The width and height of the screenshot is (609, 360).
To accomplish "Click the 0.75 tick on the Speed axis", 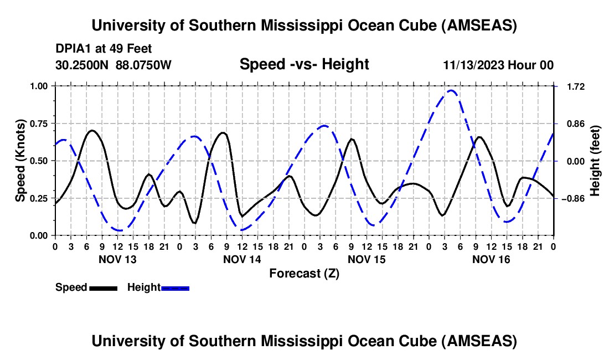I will [x=42, y=124].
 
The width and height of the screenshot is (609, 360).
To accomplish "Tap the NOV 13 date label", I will [x=117, y=259].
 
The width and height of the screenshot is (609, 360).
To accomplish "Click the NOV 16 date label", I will [x=491, y=259].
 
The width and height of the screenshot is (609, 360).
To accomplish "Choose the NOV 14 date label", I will [x=242, y=259].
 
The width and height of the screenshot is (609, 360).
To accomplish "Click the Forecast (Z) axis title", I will [x=304, y=274].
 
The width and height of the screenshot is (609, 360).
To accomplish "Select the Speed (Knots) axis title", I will [x=20, y=161].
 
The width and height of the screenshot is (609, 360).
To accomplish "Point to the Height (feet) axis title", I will [x=596, y=161].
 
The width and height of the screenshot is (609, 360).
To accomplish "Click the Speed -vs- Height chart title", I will [x=304, y=64].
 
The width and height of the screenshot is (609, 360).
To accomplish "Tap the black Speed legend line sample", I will [x=103, y=287].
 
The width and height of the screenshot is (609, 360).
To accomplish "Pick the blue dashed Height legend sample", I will [x=175, y=287].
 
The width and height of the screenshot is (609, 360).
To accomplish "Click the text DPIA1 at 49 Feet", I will [x=104, y=49].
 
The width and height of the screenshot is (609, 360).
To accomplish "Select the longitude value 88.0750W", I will [x=144, y=65].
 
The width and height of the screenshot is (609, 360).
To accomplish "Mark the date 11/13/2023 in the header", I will [x=474, y=65].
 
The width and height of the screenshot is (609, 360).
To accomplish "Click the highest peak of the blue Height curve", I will [x=452, y=90].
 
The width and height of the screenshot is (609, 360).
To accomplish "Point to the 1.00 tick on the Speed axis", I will [x=42, y=86].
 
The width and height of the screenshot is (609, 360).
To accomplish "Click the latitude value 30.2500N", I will [x=82, y=65].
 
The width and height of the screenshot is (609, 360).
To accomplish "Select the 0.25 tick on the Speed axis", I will [x=42, y=198].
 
